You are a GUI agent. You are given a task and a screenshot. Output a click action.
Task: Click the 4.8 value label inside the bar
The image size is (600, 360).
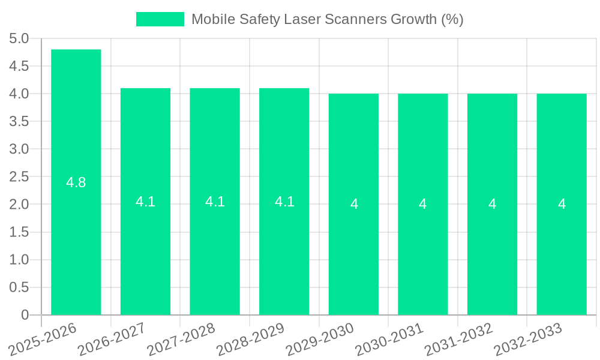[x=76, y=182]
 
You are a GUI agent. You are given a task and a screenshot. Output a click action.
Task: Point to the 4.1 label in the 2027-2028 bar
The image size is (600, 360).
[x=215, y=202]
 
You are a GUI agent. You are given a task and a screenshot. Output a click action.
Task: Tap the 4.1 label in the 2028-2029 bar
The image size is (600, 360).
[x=284, y=202]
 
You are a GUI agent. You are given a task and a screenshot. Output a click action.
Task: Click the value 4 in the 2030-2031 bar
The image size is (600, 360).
[x=423, y=204]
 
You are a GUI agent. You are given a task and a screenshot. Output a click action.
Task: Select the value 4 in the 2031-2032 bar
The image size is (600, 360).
[x=492, y=204]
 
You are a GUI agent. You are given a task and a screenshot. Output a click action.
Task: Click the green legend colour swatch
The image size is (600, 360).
[x=160, y=19]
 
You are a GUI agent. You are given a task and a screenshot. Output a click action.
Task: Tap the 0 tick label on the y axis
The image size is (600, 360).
[x=25, y=315]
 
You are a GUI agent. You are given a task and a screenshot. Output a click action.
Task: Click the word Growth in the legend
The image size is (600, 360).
[x=414, y=19]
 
